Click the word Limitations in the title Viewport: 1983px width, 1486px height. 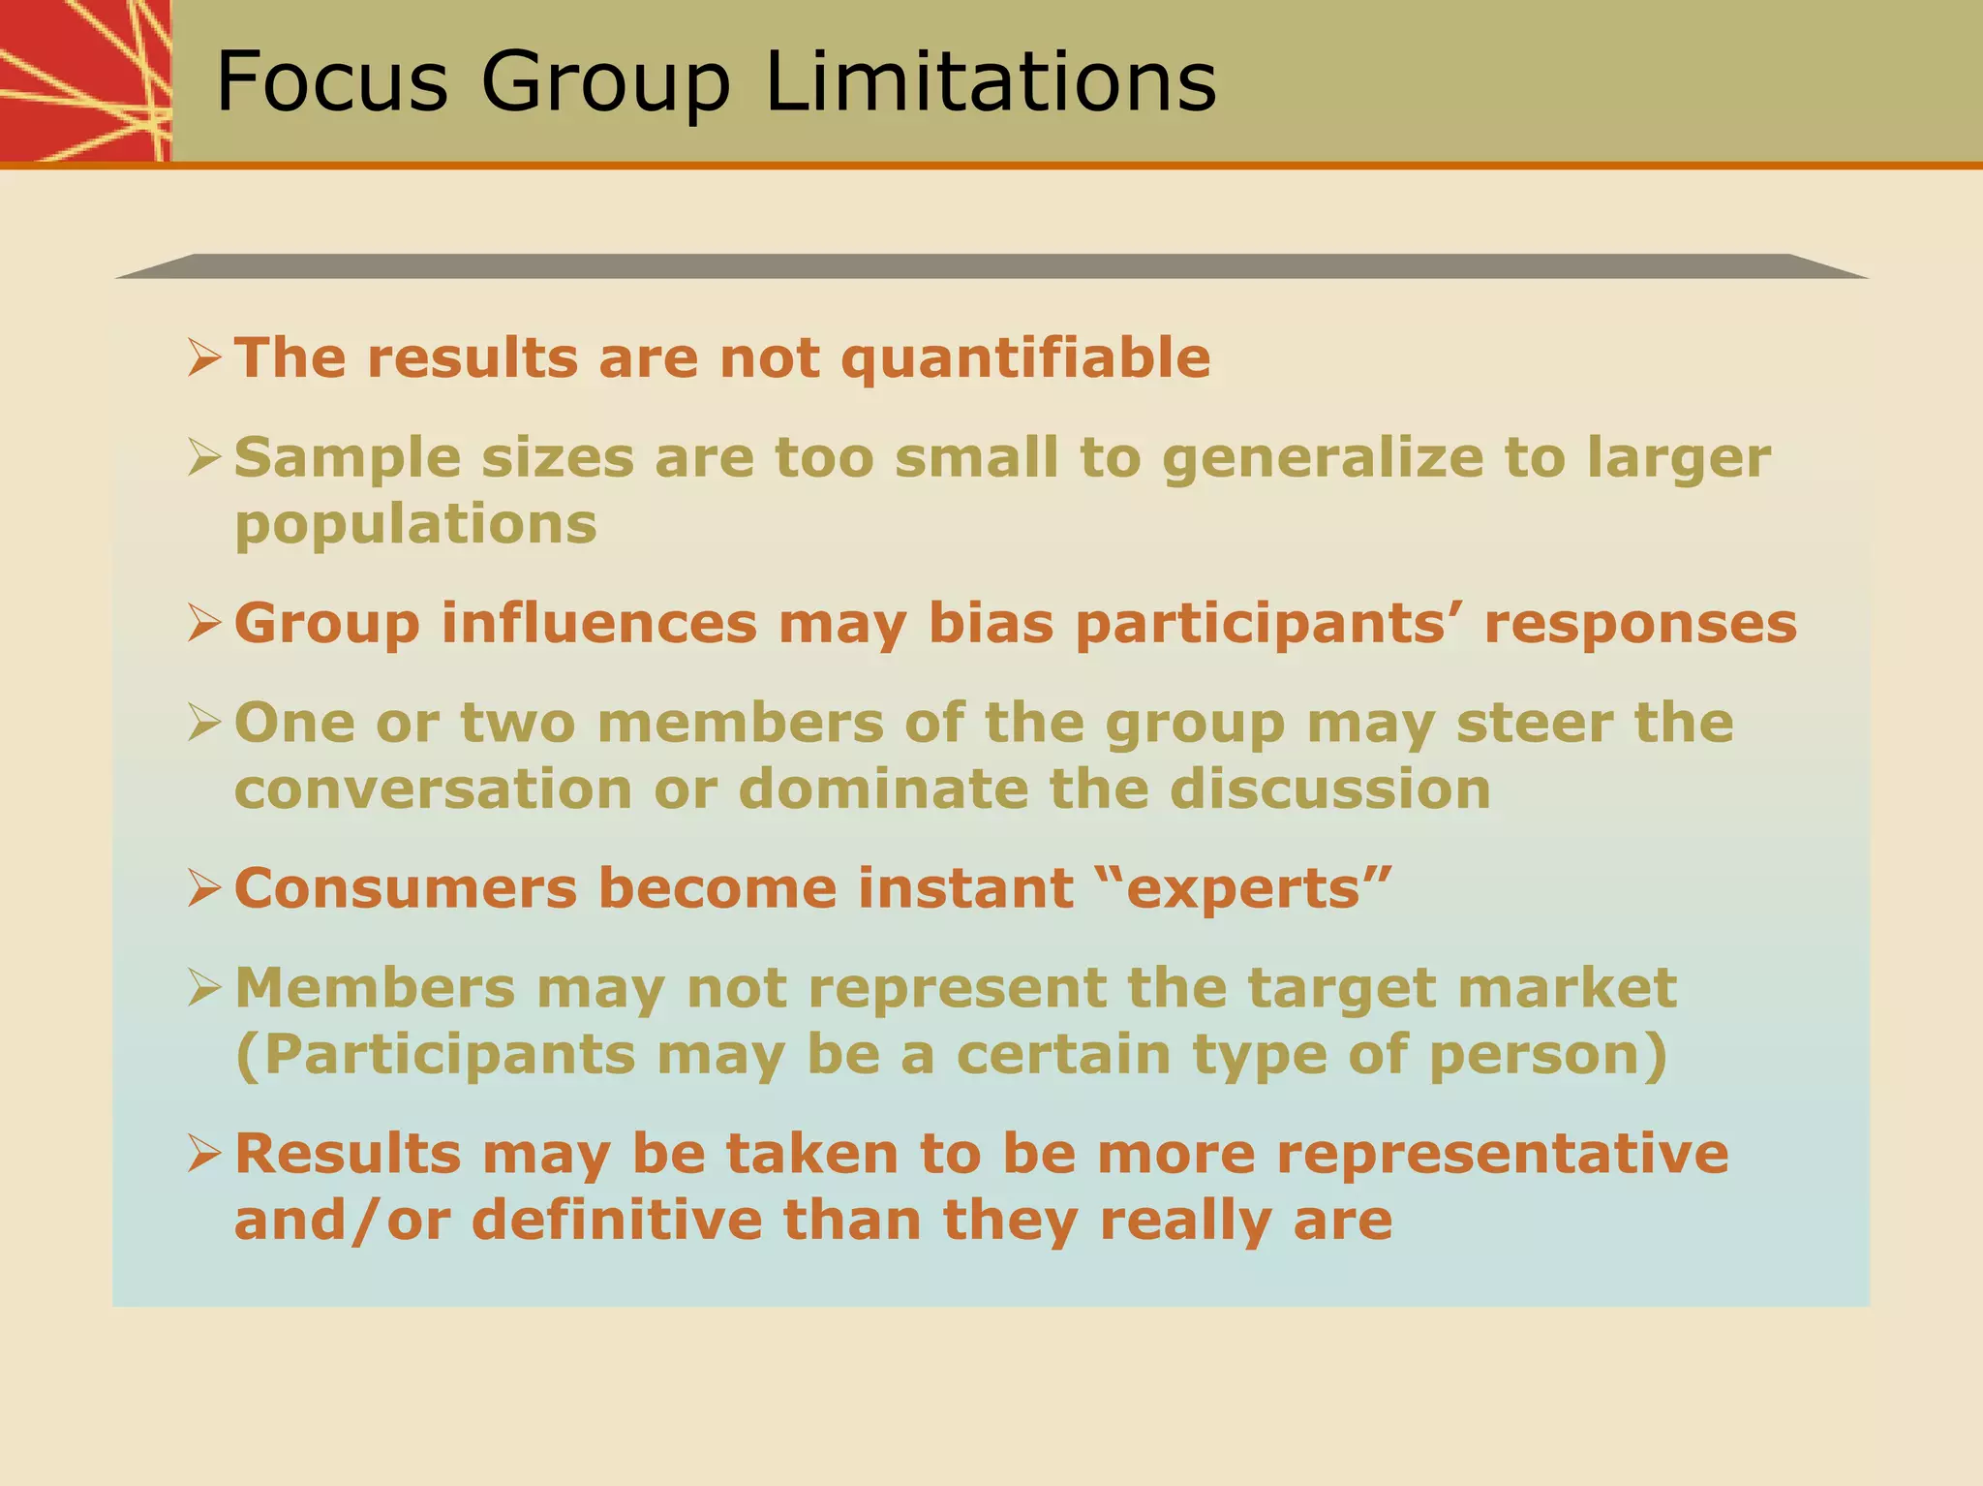(990, 81)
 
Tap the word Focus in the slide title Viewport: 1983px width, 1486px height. (332, 81)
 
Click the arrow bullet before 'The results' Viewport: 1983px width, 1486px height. (205, 357)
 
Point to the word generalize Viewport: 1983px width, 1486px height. (1323, 459)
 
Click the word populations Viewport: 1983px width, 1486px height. (415, 526)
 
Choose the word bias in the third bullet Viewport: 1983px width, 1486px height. (991, 623)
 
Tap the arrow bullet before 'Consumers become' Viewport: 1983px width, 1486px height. (205, 888)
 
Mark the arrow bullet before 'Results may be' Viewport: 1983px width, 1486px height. (205, 1154)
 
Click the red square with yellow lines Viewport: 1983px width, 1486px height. (85, 80)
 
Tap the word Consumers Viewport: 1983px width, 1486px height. (406, 888)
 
